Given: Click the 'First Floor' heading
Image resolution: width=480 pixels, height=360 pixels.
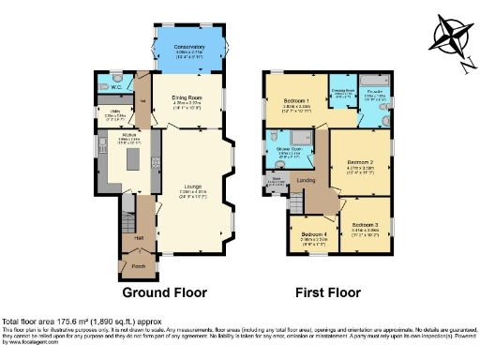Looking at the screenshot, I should pos(328,292).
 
